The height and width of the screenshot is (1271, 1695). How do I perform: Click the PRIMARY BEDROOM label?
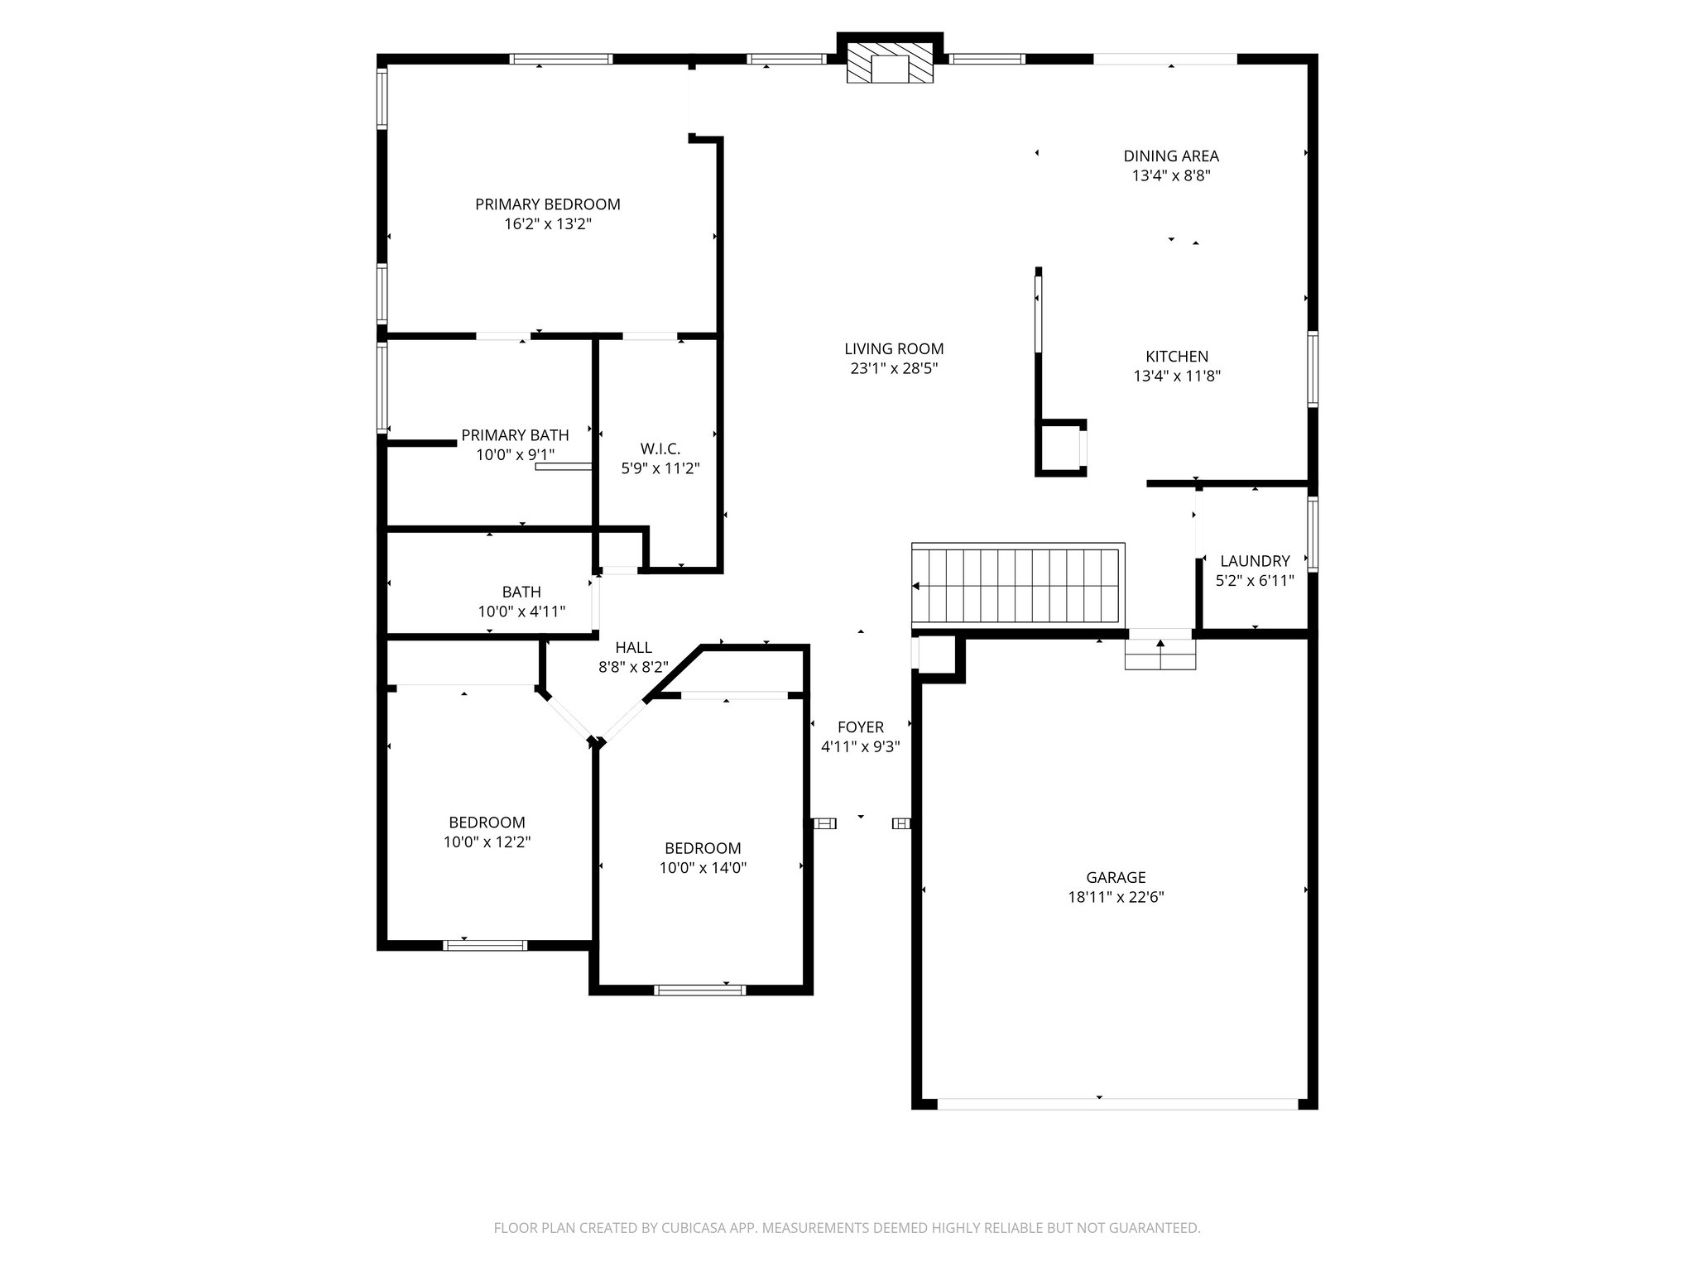point(547,204)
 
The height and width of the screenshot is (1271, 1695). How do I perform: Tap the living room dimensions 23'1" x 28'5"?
point(894,369)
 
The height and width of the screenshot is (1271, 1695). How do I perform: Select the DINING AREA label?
point(1171,156)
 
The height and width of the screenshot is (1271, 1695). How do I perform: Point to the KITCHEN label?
point(1177,357)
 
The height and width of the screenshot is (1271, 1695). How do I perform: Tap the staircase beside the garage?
point(1018,585)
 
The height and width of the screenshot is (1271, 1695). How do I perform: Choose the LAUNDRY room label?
point(1255,561)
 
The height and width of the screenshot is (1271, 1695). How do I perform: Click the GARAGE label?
point(1116,878)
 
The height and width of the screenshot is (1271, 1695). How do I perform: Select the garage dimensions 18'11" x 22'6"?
point(1116,898)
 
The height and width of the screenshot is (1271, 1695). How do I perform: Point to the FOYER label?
point(861,727)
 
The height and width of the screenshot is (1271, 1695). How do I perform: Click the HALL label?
point(633,648)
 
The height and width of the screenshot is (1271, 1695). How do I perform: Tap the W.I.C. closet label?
point(660,448)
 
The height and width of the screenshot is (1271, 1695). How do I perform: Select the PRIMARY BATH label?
point(515,435)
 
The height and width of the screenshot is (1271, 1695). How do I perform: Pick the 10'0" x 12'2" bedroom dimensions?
point(487,842)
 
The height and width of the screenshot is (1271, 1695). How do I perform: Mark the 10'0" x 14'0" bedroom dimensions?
point(703,868)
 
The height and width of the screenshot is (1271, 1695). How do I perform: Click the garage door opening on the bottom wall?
point(1117,1103)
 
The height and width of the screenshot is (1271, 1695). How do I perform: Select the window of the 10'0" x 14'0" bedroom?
point(699,990)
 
